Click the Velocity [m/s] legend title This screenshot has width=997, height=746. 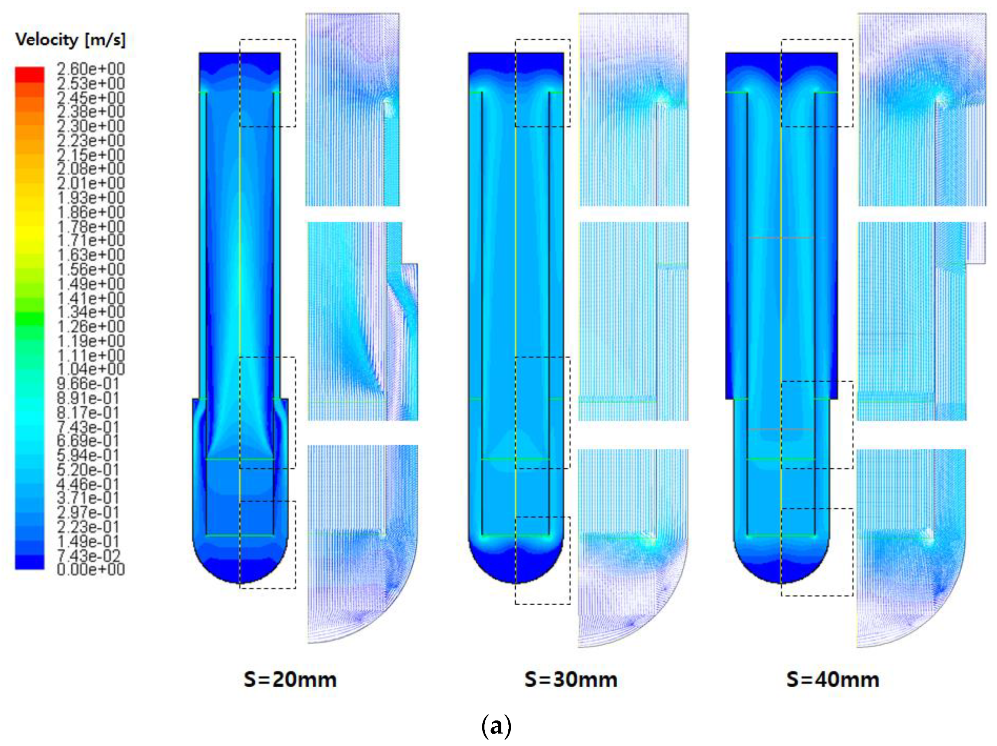pos(70,40)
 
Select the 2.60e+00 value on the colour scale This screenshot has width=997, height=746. pos(91,69)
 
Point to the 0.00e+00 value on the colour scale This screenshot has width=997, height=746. pos(91,569)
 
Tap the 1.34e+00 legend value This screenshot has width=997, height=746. pos(91,312)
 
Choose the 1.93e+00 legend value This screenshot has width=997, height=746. pos(91,198)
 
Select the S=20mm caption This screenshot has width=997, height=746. pos(290,680)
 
